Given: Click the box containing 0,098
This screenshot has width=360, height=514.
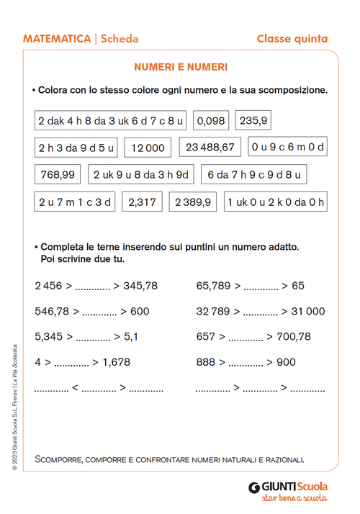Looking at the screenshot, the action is coord(211,120).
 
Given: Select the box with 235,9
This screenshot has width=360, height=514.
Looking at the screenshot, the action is coord(253,120).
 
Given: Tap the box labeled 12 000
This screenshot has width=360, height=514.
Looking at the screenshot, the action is coord(148,148).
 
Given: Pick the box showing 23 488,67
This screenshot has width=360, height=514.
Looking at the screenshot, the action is coord(210,148).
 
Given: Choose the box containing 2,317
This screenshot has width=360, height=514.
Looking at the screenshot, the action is coord(142,202).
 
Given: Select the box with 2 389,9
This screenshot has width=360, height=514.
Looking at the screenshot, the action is coord(193,202).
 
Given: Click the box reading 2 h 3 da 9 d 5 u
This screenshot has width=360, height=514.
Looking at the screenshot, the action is coord(76,148).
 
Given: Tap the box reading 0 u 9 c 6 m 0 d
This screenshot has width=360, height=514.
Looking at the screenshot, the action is coord(287,148).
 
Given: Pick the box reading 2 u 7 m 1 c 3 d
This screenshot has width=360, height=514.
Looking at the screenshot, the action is coord(75,202).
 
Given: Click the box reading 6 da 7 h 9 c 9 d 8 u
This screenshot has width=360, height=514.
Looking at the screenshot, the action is coord(254,174).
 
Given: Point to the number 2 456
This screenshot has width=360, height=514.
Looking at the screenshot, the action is coord(48,286).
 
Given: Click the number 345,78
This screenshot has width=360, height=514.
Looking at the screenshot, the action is coord(140,286).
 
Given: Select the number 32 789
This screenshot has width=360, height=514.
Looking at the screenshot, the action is coord(212,312).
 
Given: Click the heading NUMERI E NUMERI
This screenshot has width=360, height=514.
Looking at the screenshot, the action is coord(181,67).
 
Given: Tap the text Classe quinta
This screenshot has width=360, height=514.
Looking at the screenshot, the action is coord(292,39).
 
